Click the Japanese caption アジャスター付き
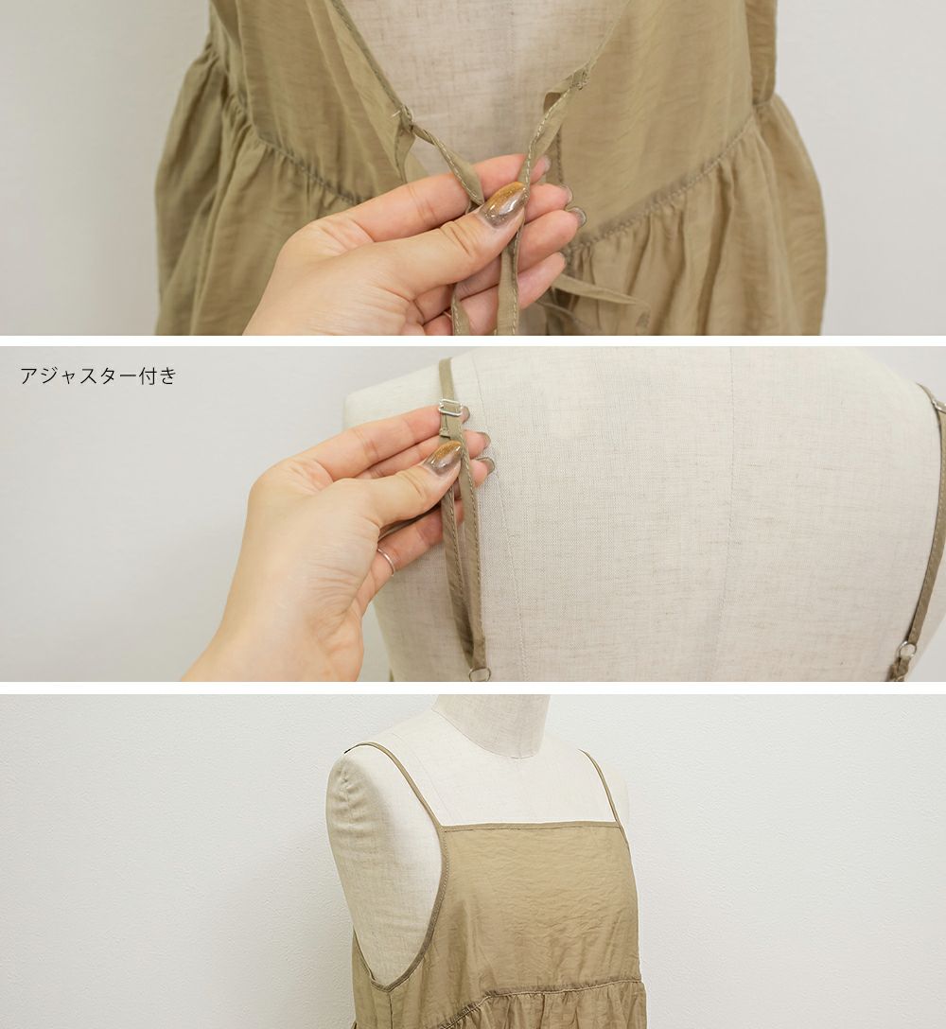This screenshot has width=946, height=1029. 98,375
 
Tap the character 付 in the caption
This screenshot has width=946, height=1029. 149,375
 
